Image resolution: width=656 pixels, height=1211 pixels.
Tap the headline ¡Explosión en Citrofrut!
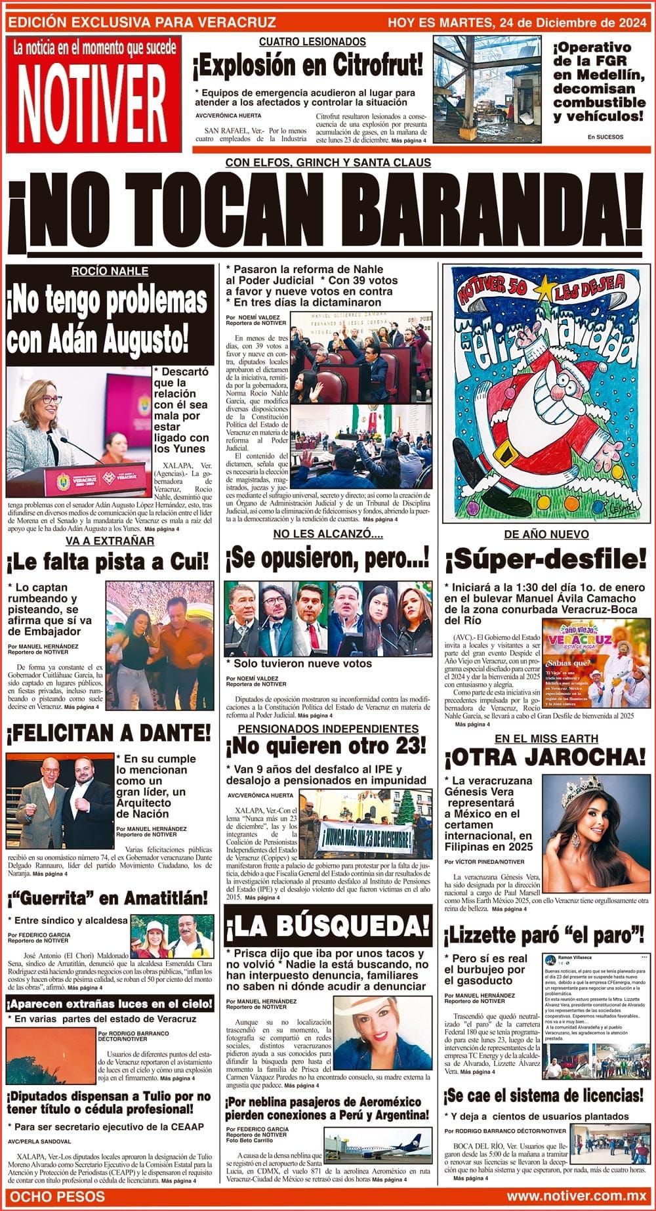308,67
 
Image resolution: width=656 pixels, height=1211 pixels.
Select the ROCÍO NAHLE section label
110,272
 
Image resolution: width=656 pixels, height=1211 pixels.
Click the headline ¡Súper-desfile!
546,560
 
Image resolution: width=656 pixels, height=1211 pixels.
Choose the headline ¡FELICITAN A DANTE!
109,732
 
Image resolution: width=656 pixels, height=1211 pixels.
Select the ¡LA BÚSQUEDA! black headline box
328,926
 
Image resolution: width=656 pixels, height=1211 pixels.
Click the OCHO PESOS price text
58,1196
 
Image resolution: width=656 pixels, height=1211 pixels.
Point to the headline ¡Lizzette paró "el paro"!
546,933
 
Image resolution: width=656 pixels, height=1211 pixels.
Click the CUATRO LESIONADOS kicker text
312,42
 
